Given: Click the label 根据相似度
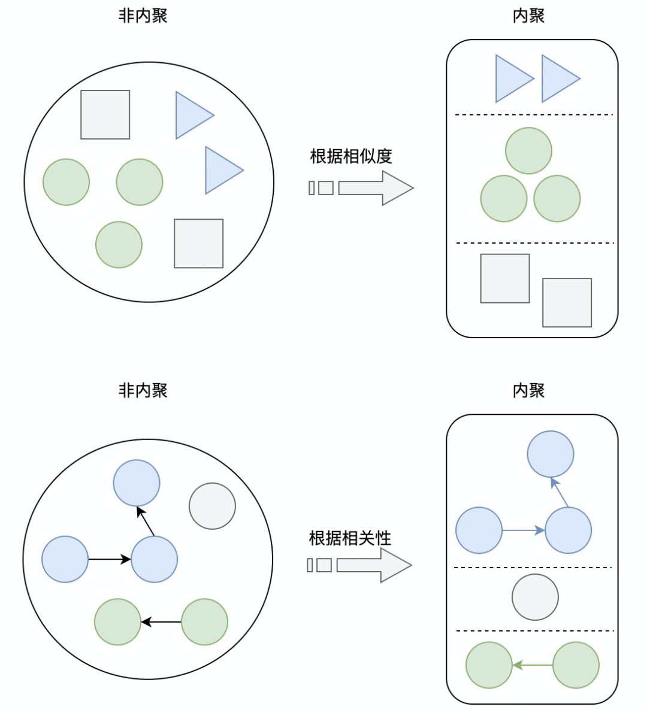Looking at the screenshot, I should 351,156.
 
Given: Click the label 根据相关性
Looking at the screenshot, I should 350,538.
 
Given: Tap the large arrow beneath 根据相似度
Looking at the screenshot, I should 376,188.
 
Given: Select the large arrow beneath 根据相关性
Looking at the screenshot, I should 374,565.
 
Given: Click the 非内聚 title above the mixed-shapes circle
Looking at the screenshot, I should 143,16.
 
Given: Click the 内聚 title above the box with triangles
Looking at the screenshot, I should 528,16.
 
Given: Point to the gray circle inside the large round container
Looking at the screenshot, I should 212,506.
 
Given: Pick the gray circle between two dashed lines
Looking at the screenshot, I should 535,597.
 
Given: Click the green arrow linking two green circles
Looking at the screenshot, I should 533,665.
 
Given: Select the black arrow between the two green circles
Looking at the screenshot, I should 161,622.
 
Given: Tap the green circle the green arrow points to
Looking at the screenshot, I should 489,665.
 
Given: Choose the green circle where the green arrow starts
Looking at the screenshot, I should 576,665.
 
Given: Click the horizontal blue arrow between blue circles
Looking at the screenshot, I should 524,530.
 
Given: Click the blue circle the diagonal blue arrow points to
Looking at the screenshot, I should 551,454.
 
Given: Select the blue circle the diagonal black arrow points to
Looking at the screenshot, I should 137,483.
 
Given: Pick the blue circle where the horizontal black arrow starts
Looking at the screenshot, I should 65,559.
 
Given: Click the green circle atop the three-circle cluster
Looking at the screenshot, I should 528,151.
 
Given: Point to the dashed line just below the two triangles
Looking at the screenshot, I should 533,114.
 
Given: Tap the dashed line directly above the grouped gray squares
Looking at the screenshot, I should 534,243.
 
